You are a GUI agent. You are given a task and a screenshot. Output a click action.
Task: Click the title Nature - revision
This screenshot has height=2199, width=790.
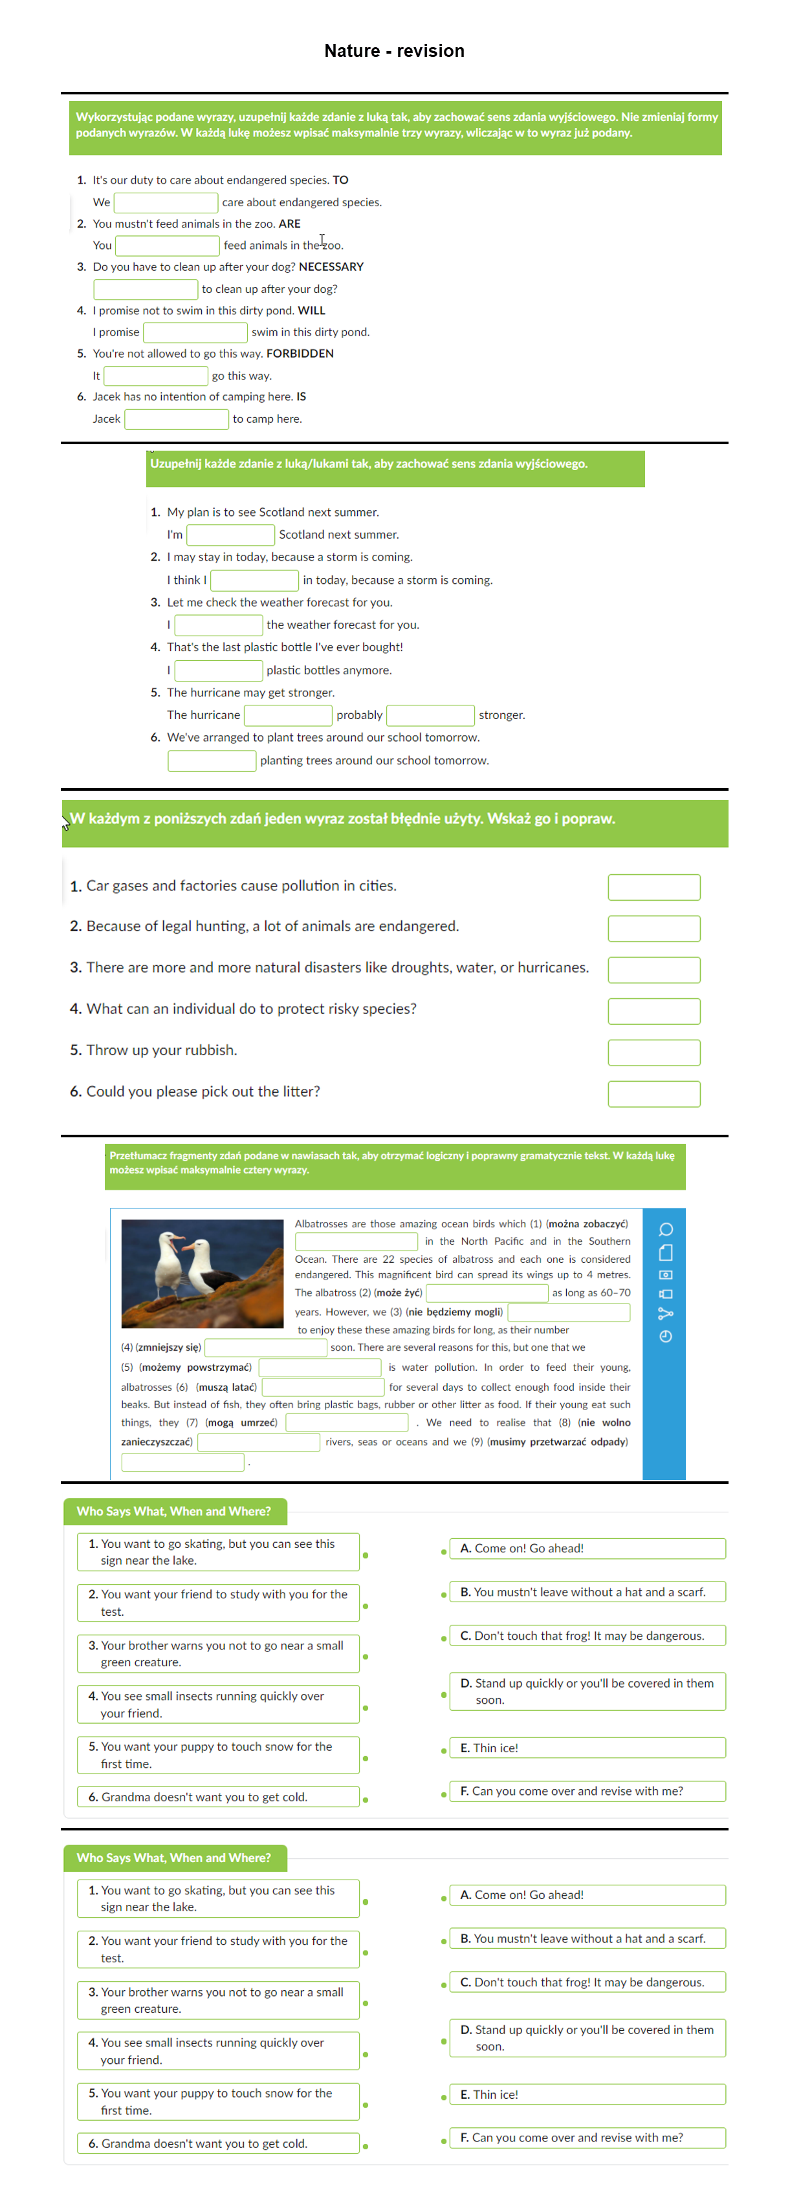tap(394, 51)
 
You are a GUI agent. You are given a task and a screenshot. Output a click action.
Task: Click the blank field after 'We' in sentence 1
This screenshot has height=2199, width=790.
tap(166, 202)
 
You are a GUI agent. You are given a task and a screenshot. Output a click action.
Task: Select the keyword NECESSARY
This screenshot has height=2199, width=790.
tap(331, 267)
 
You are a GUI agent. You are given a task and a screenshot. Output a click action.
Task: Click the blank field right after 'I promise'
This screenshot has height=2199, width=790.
tap(195, 332)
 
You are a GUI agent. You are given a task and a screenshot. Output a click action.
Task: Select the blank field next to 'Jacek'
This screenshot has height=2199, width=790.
tap(176, 419)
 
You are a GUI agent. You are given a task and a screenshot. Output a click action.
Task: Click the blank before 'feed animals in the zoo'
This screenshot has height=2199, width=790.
tap(168, 246)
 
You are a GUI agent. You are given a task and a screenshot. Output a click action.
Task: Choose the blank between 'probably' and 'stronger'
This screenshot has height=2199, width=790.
tap(430, 715)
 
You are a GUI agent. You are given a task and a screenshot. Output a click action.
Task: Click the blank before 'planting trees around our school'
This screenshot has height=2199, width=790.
tap(212, 760)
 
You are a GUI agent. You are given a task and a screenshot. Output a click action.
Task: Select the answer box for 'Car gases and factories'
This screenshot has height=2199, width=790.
tap(653, 887)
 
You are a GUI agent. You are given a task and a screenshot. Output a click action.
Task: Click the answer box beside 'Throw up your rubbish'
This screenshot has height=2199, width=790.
tap(653, 1053)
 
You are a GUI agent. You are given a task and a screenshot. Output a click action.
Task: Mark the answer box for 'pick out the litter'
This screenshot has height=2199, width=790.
tap(653, 1093)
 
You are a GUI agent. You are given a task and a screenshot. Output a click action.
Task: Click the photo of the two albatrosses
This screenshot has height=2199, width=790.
tap(203, 1273)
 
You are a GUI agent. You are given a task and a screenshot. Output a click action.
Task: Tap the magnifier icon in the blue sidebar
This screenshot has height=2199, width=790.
tap(665, 1229)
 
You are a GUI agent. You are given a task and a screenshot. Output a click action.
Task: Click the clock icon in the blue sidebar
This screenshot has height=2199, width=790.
tap(665, 1336)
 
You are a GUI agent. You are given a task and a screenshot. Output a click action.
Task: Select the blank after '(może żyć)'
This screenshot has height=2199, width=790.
tap(486, 1293)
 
